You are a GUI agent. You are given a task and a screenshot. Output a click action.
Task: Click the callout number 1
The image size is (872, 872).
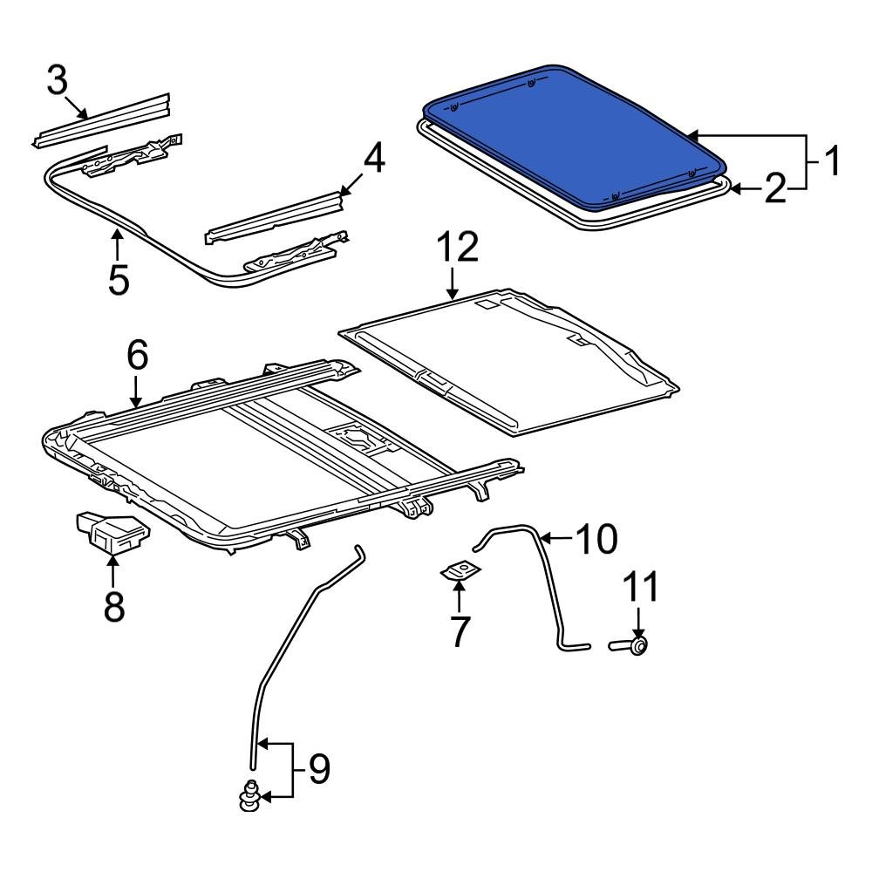(x=831, y=161)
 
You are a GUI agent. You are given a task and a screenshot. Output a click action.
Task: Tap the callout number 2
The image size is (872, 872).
(x=774, y=189)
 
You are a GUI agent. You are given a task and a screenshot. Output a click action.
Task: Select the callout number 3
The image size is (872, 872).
(x=58, y=82)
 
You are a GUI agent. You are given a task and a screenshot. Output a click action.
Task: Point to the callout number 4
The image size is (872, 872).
(x=372, y=160)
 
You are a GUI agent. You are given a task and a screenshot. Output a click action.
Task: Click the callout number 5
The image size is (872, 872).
(x=119, y=280)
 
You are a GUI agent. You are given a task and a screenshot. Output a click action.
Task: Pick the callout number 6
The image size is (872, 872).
(x=137, y=356)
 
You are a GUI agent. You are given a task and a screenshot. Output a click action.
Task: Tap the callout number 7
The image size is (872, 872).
(x=460, y=630)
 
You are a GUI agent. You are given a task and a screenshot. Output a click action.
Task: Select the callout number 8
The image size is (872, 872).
(x=114, y=606)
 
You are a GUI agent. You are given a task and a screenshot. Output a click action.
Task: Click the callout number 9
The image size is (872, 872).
(x=318, y=770)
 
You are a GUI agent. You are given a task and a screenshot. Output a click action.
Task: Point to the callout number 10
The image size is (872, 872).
(x=595, y=540)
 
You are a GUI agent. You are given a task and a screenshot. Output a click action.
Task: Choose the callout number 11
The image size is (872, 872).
(x=641, y=589)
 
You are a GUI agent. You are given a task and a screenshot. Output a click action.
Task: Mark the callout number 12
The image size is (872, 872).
(x=456, y=249)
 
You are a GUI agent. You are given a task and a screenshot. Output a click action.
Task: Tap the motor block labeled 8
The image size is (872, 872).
(x=111, y=532)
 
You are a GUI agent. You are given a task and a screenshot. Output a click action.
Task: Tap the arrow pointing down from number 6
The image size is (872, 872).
(x=137, y=392)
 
